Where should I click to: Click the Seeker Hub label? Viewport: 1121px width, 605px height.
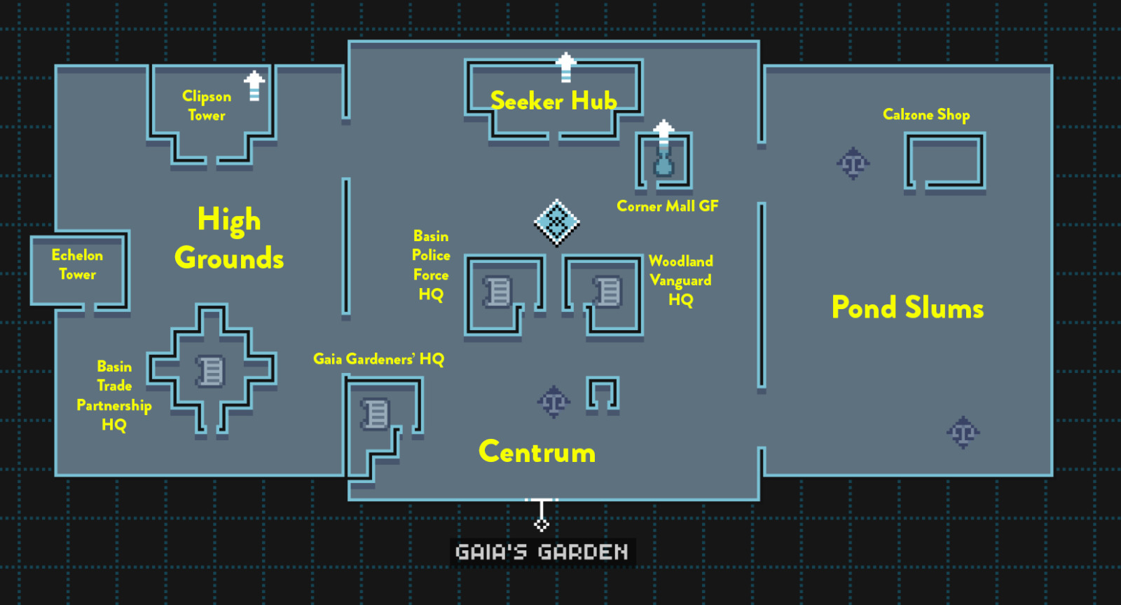pos(553,101)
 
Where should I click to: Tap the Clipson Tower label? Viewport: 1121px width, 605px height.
pos(207,106)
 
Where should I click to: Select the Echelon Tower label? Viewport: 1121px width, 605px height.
pos(77,264)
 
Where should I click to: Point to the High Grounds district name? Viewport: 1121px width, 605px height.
pos(229,239)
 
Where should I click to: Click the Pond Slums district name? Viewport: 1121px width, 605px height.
pos(907,308)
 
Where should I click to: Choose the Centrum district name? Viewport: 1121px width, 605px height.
pos(537,452)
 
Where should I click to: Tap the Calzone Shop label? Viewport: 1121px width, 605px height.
pos(926,114)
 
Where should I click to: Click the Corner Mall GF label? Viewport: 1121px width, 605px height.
pos(667,206)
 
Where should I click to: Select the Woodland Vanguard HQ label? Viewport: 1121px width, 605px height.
pos(680,280)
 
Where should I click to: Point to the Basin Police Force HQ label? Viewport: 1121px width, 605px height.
pos(431,265)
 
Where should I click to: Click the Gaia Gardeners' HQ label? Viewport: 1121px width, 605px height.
pos(378,359)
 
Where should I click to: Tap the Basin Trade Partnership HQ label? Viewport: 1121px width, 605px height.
pos(114,395)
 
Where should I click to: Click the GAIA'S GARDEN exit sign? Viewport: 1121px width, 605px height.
pos(542,552)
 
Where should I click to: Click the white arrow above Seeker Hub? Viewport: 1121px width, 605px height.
pos(565,67)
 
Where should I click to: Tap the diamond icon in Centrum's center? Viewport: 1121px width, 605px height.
pos(556,223)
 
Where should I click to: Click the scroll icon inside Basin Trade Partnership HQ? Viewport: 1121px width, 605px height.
pos(210,371)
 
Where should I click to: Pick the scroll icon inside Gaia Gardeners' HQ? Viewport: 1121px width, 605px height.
pos(376,414)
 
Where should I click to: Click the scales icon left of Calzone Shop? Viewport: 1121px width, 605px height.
pos(853,164)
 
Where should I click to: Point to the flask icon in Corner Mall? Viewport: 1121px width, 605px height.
pos(663,165)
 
